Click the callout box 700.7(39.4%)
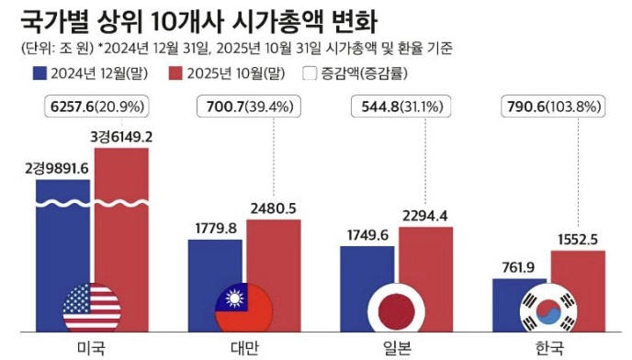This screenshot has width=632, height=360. [x=245, y=107]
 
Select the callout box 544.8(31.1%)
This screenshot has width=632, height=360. [x=398, y=107]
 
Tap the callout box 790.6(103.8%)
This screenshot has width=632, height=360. [x=550, y=107]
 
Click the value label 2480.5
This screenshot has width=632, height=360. [x=274, y=208]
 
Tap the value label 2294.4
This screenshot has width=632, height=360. [x=426, y=216]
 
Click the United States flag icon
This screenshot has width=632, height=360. [x=92, y=307]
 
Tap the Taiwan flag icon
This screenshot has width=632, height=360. [x=244, y=307]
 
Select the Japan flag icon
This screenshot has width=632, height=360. [x=397, y=307]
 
